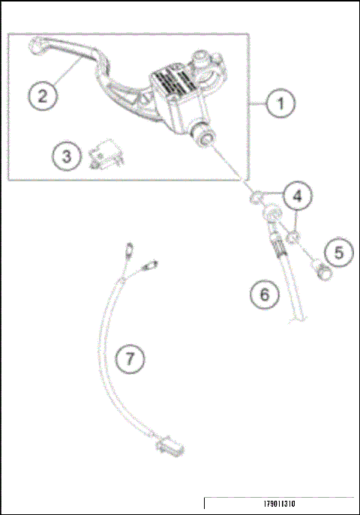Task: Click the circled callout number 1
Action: (x=280, y=104)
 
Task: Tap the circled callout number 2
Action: (x=43, y=95)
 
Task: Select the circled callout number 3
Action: (x=67, y=157)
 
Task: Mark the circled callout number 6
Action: (x=263, y=295)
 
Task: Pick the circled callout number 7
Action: (x=130, y=359)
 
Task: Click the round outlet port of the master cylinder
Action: (x=204, y=136)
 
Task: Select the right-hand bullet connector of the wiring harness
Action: (x=153, y=264)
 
